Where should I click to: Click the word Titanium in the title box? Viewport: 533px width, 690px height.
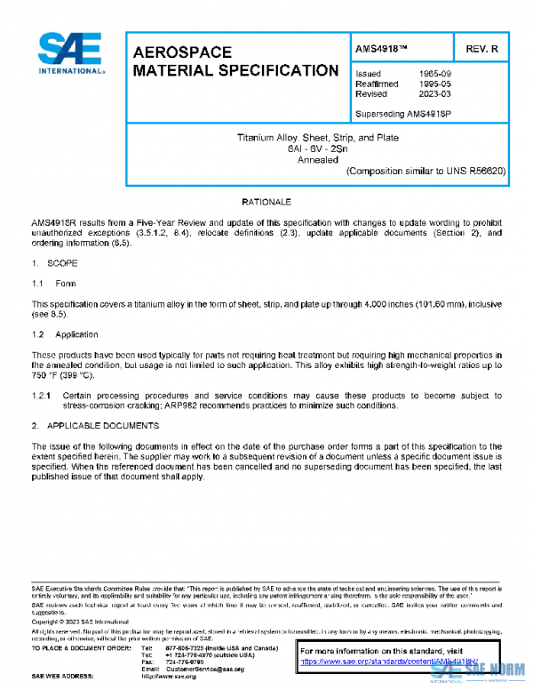coord(256,138)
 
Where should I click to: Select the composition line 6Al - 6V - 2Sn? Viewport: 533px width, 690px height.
coord(317,148)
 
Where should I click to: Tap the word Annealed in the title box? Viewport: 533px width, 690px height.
coord(317,159)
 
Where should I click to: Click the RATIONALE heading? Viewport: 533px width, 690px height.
coord(266,204)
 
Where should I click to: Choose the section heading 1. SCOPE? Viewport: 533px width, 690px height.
coord(55,263)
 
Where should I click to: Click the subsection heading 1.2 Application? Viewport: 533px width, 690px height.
coord(65,334)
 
